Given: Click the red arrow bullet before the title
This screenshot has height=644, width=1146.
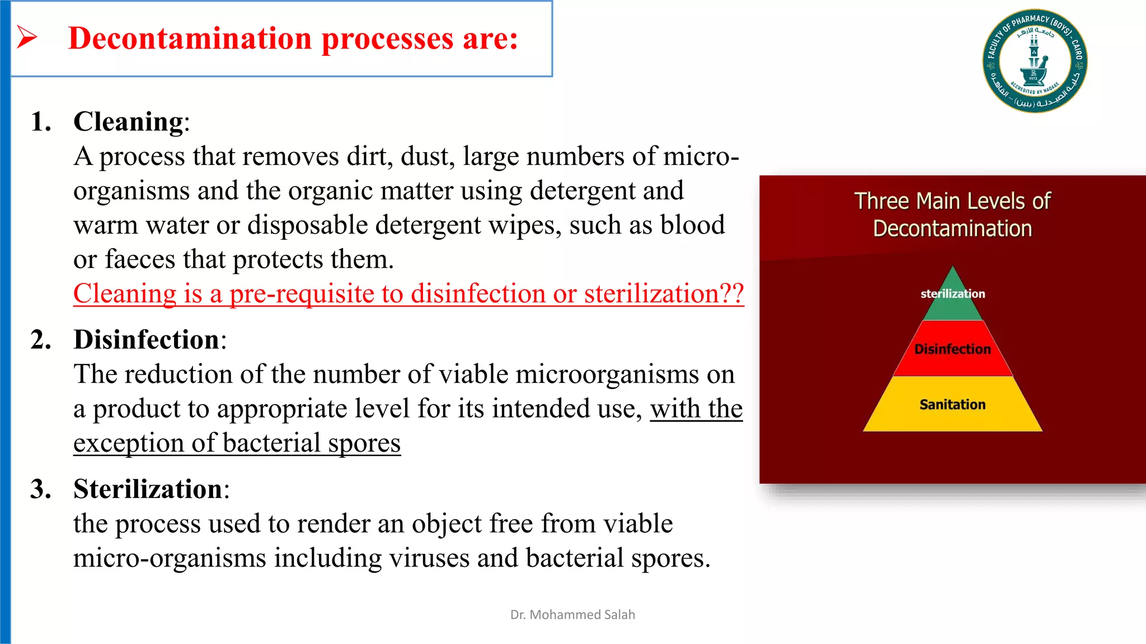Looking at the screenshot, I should tap(26, 37).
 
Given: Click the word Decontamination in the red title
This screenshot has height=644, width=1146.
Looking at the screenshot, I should tap(190, 39).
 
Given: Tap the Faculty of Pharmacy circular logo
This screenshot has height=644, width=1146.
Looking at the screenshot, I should tap(1035, 60).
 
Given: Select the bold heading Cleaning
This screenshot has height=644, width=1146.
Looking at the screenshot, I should tap(128, 121).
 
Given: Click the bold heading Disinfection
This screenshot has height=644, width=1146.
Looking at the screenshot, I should tap(146, 339).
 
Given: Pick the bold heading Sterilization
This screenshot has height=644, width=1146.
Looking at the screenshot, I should tap(148, 489).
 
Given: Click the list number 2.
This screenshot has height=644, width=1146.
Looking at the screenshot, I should tap(41, 339).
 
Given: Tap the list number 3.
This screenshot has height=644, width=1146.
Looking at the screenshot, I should tap(41, 489).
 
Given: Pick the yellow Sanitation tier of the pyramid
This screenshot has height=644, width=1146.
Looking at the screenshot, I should tap(952, 404).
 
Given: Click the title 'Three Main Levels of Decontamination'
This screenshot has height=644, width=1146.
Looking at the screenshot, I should tap(952, 215).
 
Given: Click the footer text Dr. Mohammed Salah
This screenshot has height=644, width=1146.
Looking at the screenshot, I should tap(572, 614).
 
